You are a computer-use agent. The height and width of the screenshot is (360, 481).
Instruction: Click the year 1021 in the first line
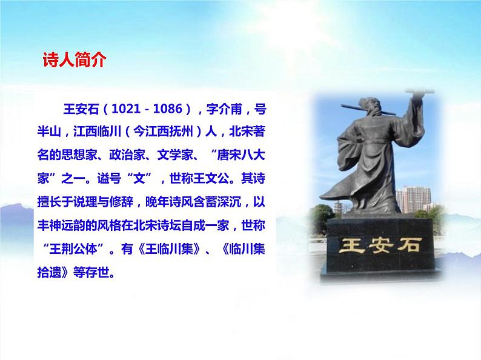[x=125, y=110]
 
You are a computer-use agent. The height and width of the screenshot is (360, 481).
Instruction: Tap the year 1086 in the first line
[x=168, y=110]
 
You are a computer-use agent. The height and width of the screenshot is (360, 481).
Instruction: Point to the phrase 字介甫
[x=224, y=110]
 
